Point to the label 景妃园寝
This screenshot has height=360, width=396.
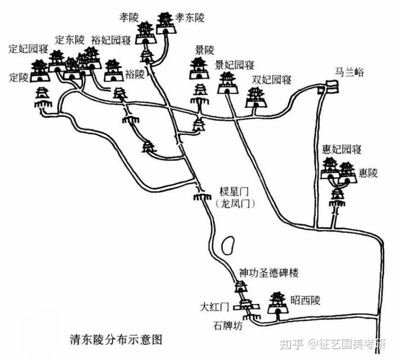[x=235, y=65]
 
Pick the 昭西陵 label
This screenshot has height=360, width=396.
[x=305, y=300]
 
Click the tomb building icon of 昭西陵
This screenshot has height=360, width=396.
[x=277, y=303]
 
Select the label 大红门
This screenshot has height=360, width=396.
[x=215, y=307]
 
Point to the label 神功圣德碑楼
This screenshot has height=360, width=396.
[x=268, y=272]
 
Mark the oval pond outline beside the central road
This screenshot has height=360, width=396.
[x=228, y=245]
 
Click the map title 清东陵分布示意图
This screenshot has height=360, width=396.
[x=116, y=338]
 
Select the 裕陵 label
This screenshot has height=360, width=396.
[x=135, y=74]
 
